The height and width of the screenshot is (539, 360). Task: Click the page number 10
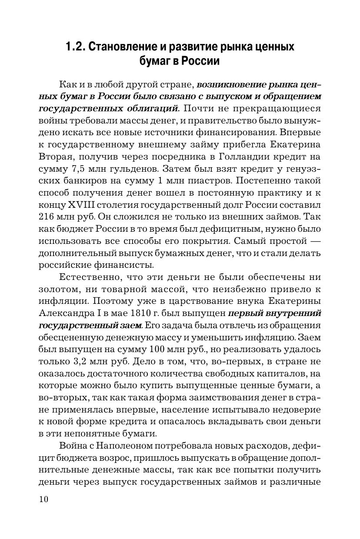[x=43, y=499]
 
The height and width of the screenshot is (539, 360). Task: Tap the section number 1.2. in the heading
[x=75, y=47]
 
